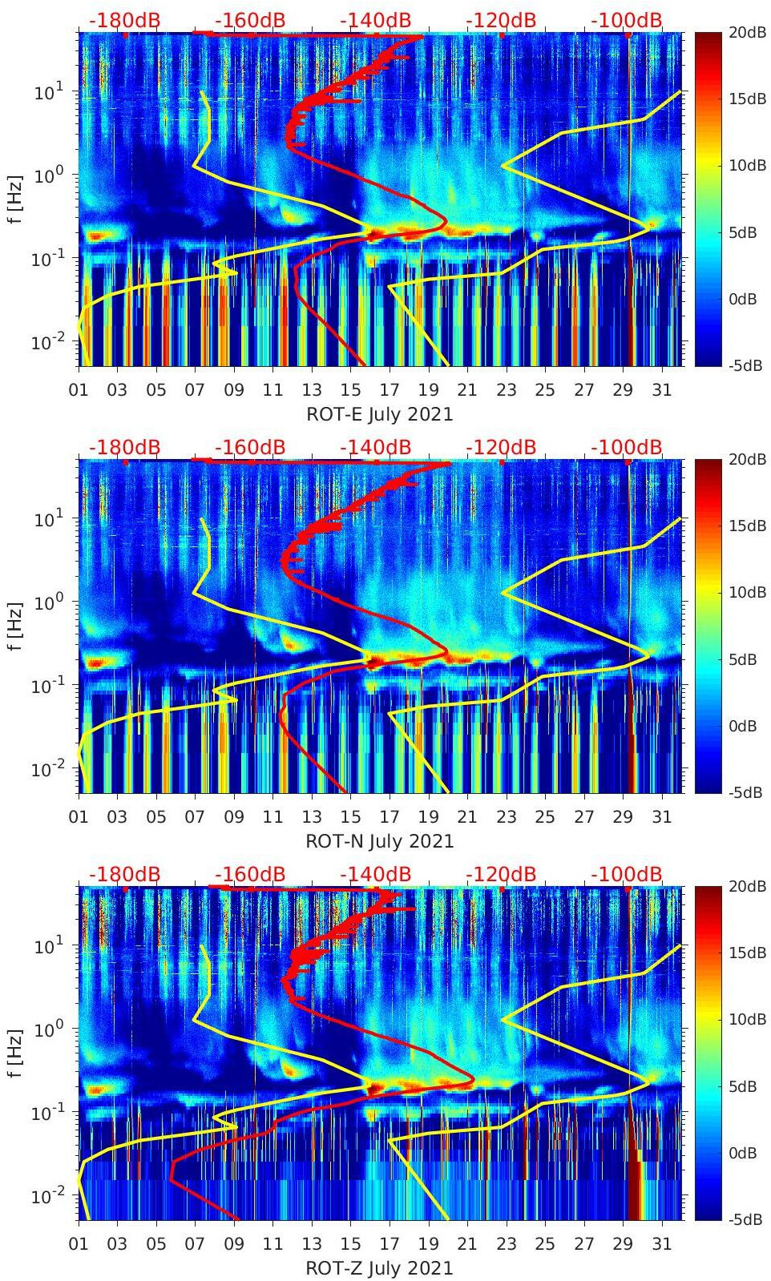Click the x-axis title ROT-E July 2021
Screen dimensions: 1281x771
pyautogui.click(x=379, y=414)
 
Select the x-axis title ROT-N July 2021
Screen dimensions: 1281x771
pyautogui.click(x=379, y=841)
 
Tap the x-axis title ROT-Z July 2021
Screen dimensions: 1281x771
pyautogui.click(x=379, y=1268)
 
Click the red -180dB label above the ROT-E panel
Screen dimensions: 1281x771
pyautogui.click(x=124, y=20)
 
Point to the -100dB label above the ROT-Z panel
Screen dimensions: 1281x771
pyautogui.click(x=627, y=874)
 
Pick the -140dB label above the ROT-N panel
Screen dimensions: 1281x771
pyautogui.click(x=376, y=447)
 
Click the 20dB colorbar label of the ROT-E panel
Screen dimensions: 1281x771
pyautogui.click(x=746, y=33)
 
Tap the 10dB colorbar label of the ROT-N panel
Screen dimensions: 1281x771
pyautogui.click(x=746, y=592)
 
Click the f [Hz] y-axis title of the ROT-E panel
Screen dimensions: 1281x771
pyautogui.click(x=15, y=199)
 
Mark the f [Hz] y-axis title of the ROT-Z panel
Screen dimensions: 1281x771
pyautogui.click(x=15, y=1053)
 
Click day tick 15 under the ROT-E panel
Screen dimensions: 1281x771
pyautogui.click(x=350, y=390)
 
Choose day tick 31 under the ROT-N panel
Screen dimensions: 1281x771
pyautogui.click(x=661, y=817)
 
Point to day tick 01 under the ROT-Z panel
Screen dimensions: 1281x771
pyautogui.click(x=79, y=1244)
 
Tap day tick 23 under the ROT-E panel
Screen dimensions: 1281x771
pyautogui.click(x=506, y=390)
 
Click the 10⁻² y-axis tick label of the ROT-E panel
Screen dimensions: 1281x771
pyautogui.click(x=48, y=343)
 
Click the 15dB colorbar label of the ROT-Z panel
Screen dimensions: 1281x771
pyautogui.click(x=746, y=953)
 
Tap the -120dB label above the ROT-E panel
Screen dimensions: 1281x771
pyautogui.click(x=501, y=20)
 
